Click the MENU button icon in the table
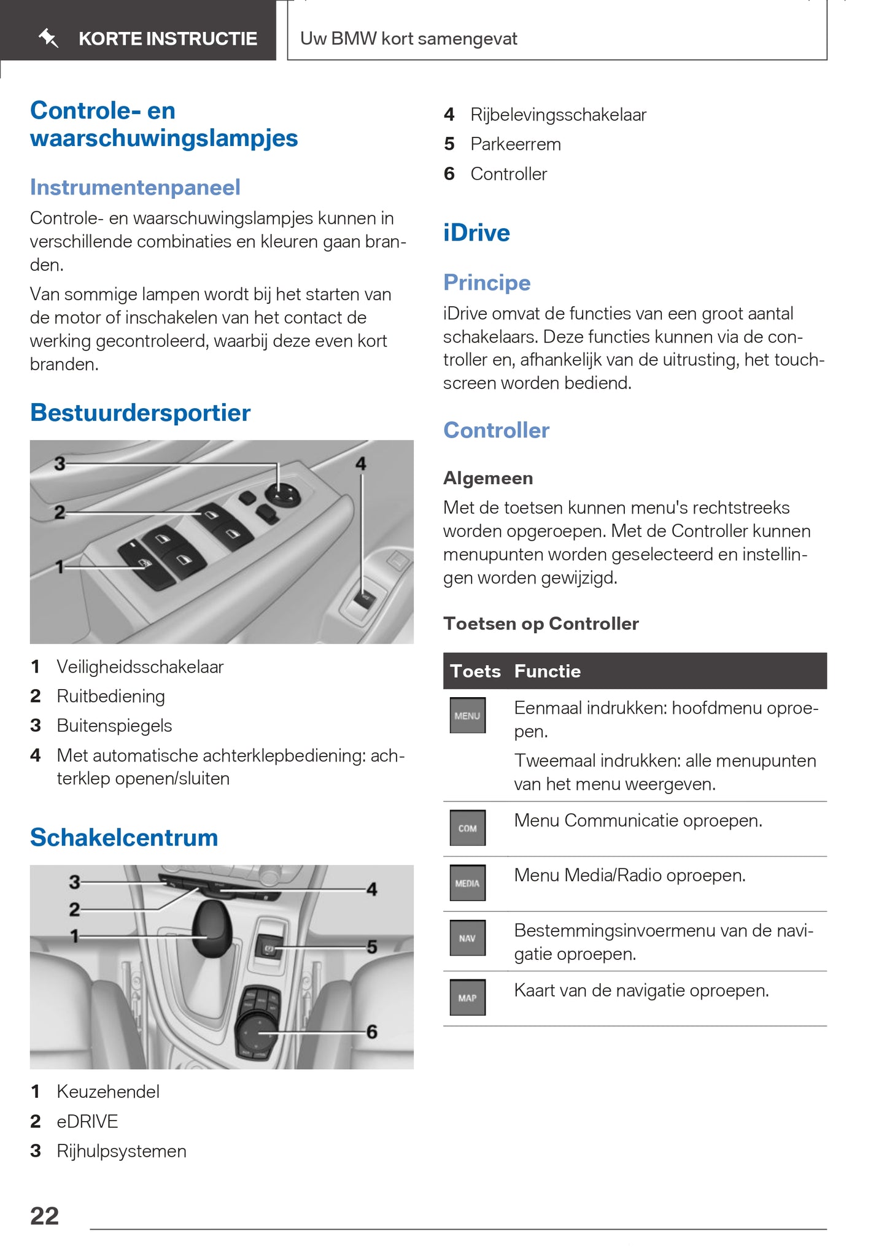(x=467, y=716)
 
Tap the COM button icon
(x=467, y=828)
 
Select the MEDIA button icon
(x=467, y=883)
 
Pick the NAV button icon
(x=467, y=938)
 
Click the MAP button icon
(x=467, y=997)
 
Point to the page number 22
(x=45, y=1216)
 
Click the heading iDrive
(x=476, y=233)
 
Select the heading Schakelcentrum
(x=124, y=838)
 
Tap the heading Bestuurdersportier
(x=140, y=413)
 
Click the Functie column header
(x=548, y=671)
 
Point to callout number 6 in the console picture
(x=372, y=1032)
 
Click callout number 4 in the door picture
(x=361, y=464)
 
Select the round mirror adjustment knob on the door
(x=282, y=494)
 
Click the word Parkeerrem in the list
(x=516, y=144)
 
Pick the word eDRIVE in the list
(x=87, y=1121)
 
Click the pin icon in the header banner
(x=48, y=39)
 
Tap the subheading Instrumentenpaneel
(x=135, y=188)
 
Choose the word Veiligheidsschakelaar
(x=140, y=667)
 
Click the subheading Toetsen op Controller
(x=541, y=623)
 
